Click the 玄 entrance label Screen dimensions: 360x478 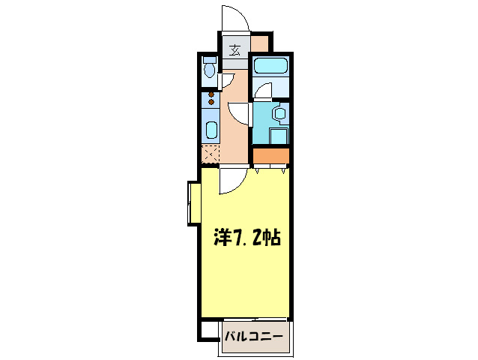(234, 51)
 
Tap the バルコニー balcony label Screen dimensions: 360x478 (254, 335)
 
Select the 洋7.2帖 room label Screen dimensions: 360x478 (248, 239)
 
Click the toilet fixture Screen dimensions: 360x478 (210, 70)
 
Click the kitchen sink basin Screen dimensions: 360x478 (211, 130)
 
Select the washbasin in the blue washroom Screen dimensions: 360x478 (279, 114)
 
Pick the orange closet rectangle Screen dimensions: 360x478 (270, 156)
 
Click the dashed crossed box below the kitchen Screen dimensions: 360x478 (212, 154)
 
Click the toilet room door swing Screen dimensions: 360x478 (228, 80)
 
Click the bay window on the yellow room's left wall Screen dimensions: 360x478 (193, 202)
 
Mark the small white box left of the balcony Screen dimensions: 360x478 (208, 329)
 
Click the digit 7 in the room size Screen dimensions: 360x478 (238, 239)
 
